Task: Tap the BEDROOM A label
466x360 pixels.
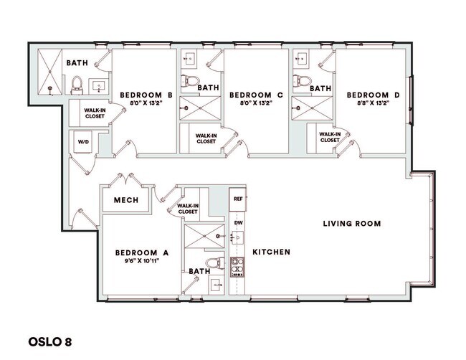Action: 141,252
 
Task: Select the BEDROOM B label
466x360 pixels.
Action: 146,95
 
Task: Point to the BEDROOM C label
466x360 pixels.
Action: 256,95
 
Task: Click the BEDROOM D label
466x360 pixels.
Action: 373,95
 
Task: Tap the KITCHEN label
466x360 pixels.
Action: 271,252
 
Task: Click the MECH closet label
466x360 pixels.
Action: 126,200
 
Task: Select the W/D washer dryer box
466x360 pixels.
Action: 82,142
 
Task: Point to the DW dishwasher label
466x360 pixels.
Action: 237,223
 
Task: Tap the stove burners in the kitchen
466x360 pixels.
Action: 237,267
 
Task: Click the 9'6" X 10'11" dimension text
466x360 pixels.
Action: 141,261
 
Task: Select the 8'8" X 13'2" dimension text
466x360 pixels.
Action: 373,103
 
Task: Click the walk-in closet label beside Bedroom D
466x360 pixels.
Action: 329,137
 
